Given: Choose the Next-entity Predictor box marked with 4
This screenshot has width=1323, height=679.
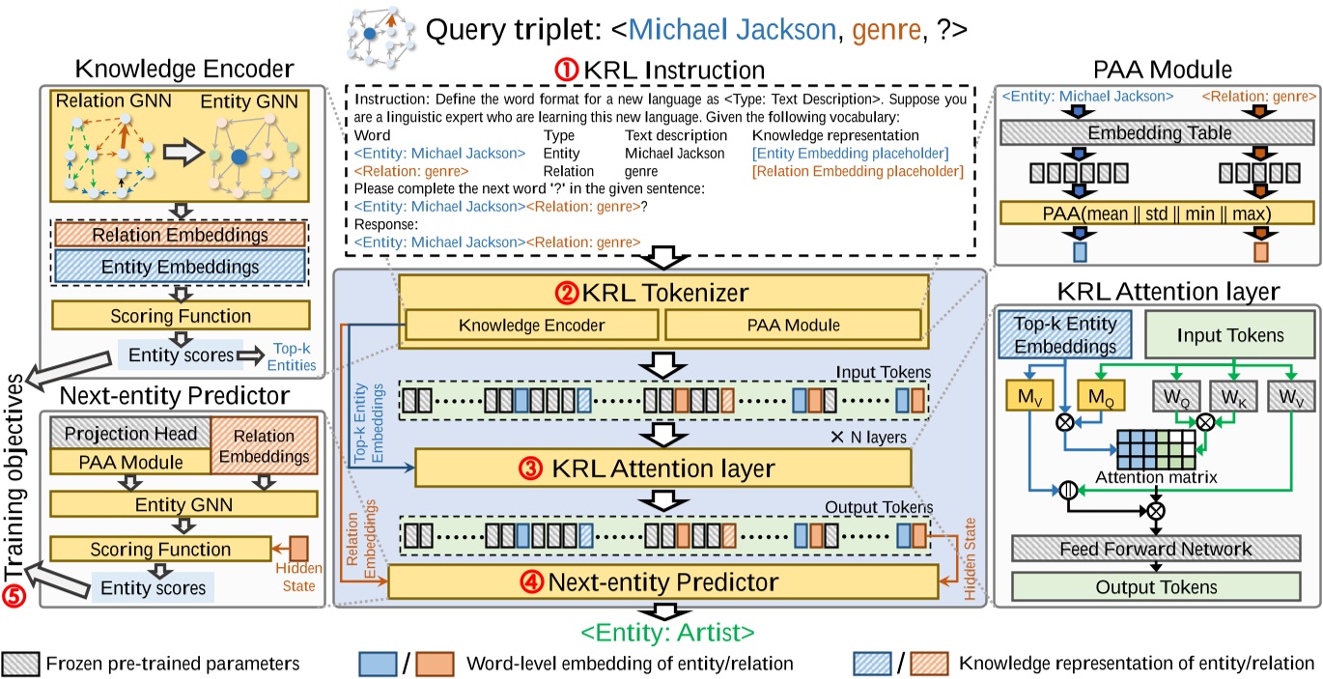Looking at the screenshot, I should (663, 582).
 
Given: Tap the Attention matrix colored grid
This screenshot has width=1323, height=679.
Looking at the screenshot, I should (1155, 446).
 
